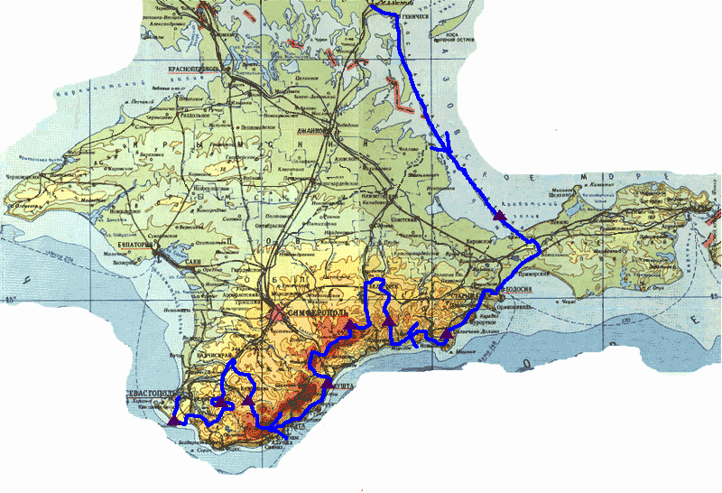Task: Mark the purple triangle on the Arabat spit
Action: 499,215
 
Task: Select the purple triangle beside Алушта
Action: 327,386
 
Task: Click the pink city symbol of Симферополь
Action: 275,312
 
